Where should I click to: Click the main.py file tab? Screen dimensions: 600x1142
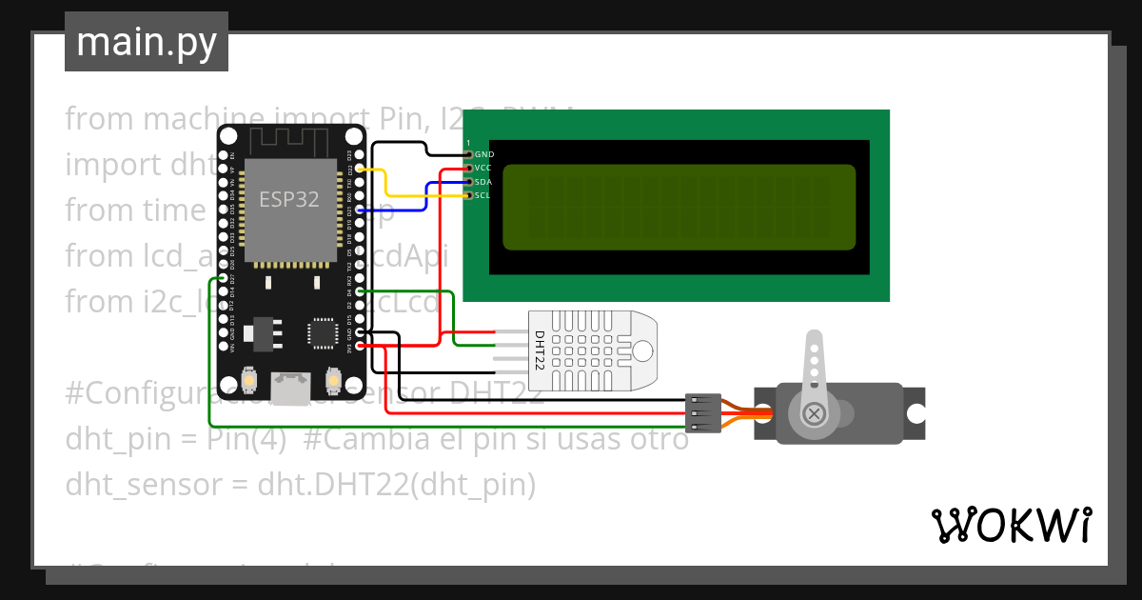[x=146, y=42]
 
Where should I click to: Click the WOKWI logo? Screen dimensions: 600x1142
[x=1011, y=525]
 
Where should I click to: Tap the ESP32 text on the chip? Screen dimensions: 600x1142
[x=289, y=199]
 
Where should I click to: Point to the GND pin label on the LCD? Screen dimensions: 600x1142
[x=484, y=153]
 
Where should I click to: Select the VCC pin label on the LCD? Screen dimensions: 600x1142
[x=483, y=168]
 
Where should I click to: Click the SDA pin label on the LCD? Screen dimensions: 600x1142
[x=483, y=181]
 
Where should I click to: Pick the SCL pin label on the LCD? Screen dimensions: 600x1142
[x=482, y=195]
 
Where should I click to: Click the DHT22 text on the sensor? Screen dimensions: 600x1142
[x=539, y=350]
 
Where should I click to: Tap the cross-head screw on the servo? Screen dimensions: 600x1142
[x=814, y=413]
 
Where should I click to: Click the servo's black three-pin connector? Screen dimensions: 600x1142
[x=703, y=413]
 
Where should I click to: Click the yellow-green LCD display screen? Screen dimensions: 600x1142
[x=679, y=207]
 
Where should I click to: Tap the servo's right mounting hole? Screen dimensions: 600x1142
[x=915, y=413]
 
